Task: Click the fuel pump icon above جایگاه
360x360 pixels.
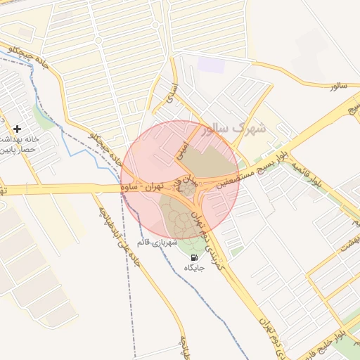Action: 194,258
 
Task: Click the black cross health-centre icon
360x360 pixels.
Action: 17,129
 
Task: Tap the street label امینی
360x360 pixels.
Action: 181,148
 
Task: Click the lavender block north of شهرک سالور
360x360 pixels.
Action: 210,65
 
